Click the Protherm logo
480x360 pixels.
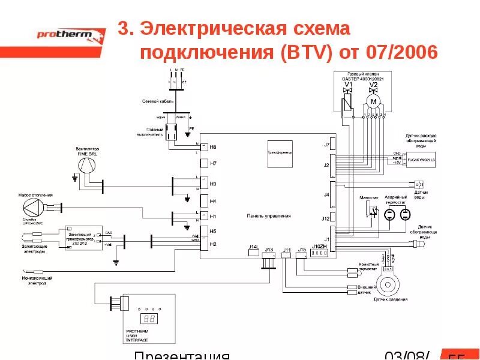coord(63,35)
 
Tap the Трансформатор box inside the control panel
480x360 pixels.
coord(280,153)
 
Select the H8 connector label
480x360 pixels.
coord(213,147)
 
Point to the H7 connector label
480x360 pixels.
coord(213,163)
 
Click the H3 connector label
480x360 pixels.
coord(213,184)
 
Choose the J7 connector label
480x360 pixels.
coord(326,145)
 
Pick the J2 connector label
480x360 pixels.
coord(326,164)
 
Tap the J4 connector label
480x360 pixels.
coord(326,194)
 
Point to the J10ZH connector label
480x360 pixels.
coord(319,247)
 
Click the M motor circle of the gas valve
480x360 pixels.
coord(373,102)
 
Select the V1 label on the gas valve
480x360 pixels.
coord(347,85)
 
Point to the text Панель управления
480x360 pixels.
coord(269,215)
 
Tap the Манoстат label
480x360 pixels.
coord(368,197)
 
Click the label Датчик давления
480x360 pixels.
coord(390,298)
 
